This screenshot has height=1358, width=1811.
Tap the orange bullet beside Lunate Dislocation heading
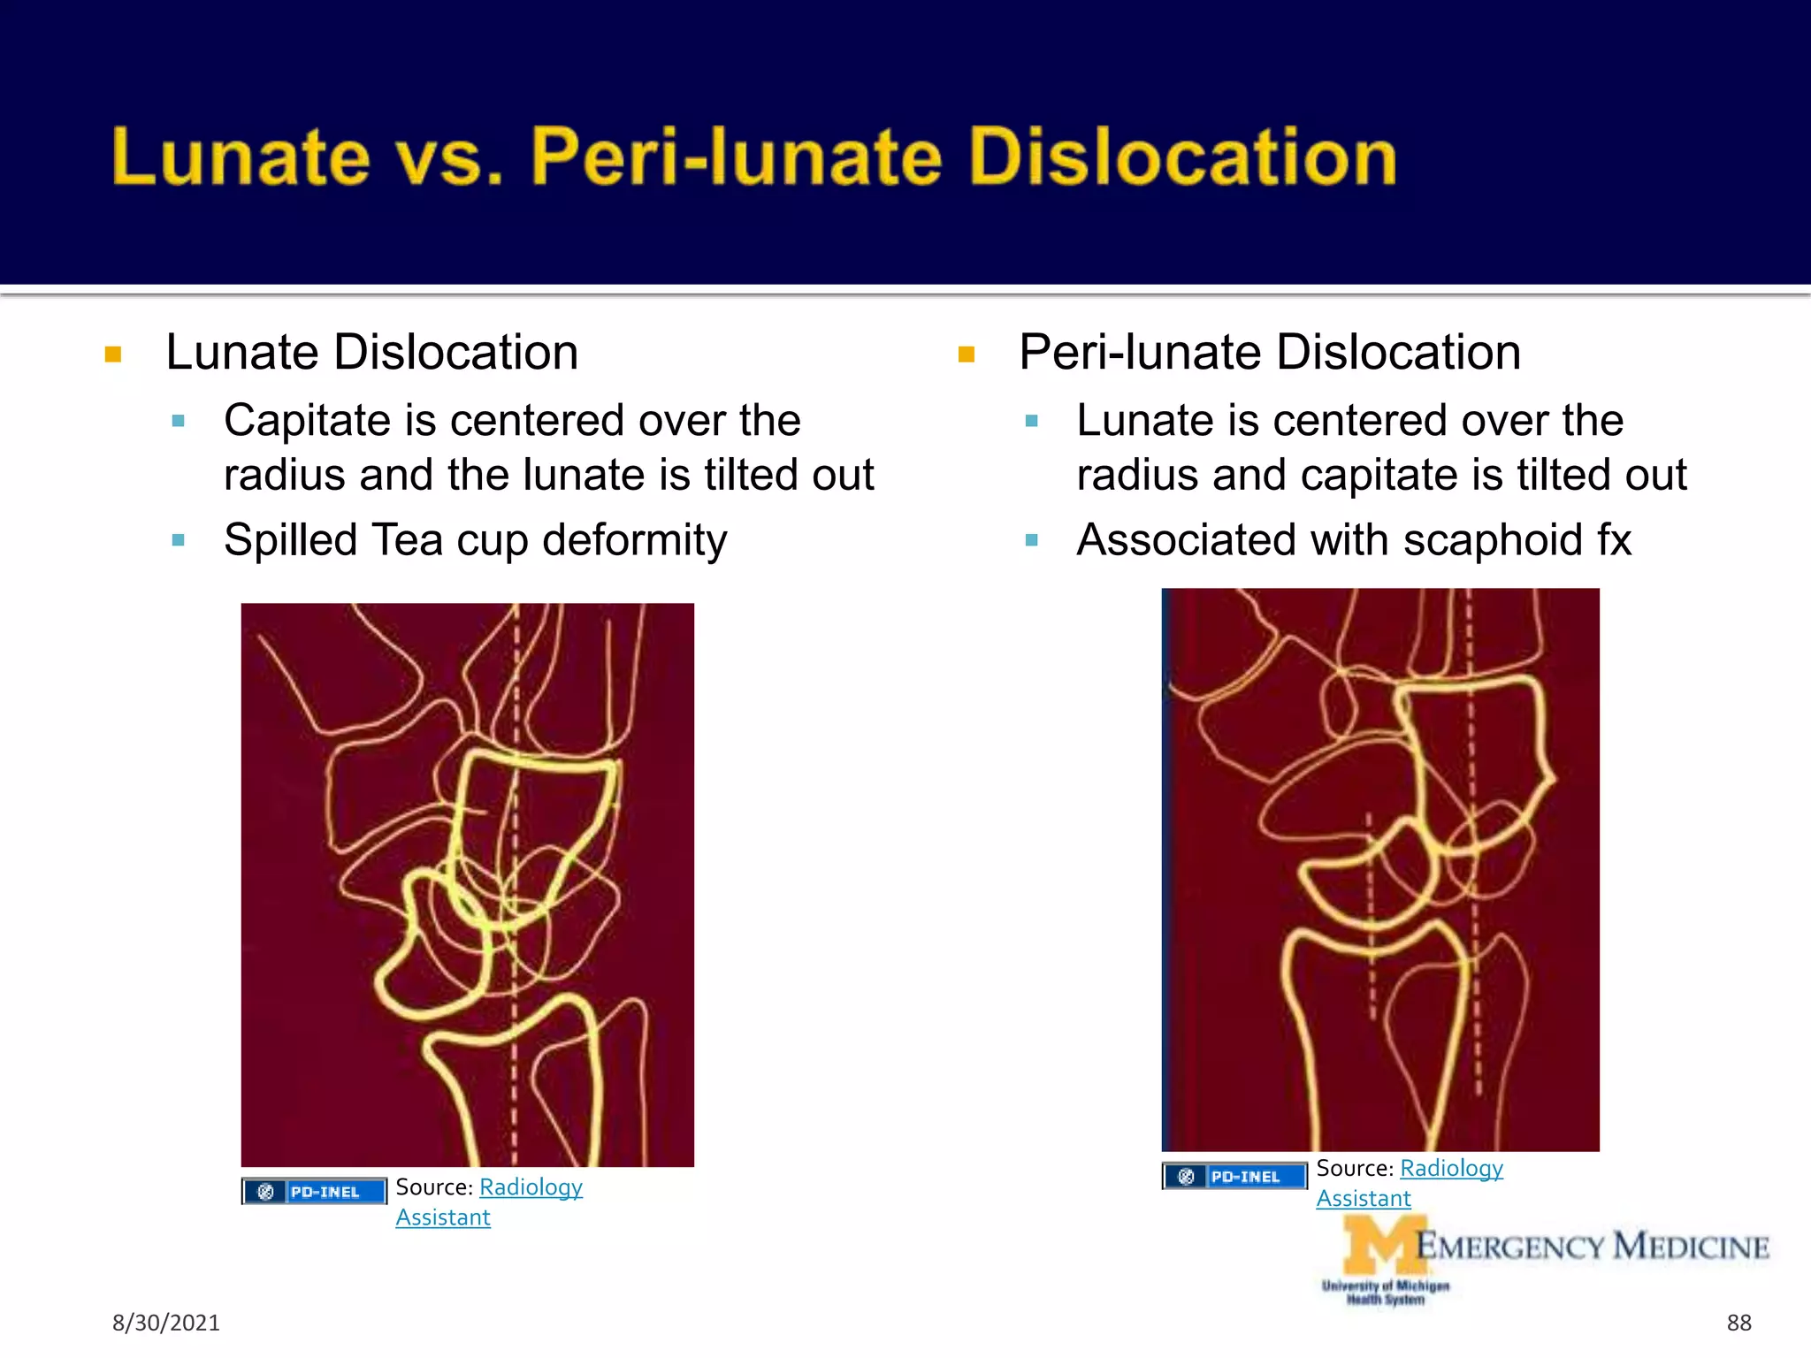(113, 355)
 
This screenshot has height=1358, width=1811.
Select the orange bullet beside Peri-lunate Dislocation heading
(966, 355)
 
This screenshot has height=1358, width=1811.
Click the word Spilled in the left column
(289, 540)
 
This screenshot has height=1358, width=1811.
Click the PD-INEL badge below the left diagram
(315, 1192)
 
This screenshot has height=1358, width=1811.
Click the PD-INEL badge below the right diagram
(1234, 1177)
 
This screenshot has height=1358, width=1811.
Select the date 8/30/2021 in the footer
(165, 1323)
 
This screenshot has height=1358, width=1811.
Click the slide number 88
(1738, 1323)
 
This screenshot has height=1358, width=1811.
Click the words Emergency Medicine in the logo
(1592, 1247)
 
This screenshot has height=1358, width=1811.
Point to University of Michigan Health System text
(1386, 1293)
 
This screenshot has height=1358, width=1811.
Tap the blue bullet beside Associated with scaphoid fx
(1031, 540)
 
